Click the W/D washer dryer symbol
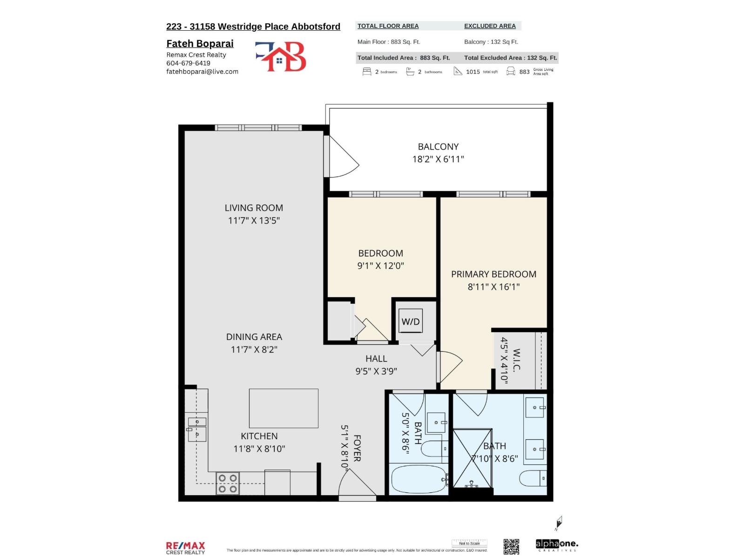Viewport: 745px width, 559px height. pyautogui.click(x=410, y=321)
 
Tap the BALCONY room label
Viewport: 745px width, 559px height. pyautogui.click(x=438, y=146)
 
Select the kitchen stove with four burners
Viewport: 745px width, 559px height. pyautogui.click(x=228, y=484)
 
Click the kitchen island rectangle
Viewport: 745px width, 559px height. pyautogui.click(x=284, y=408)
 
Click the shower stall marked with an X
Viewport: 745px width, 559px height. pyautogui.click(x=472, y=458)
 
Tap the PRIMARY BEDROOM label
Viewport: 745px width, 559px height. pyautogui.click(x=494, y=274)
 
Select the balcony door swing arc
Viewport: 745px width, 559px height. pyautogui.click(x=344, y=157)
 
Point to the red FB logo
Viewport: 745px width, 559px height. pyautogui.click(x=281, y=56)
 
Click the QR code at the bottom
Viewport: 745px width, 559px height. pyautogui.click(x=511, y=546)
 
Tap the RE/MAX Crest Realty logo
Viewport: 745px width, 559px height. pyautogui.click(x=185, y=548)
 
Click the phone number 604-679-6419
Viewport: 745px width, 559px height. pyautogui.click(x=188, y=63)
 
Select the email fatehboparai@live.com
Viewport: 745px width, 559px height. pyautogui.click(x=202, y=71)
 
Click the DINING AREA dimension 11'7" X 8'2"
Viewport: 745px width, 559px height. pyautogui.click(x=254, y=349)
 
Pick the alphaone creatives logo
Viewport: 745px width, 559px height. pyautogui.click(x=557, y=545)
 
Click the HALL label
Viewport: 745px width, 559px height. pyautogui.click(x=376, y=359)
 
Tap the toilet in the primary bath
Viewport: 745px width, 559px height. pyautogui.click(x=533, y=478)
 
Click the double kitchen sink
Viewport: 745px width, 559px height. pyautogui.click(x=197, y=428)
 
